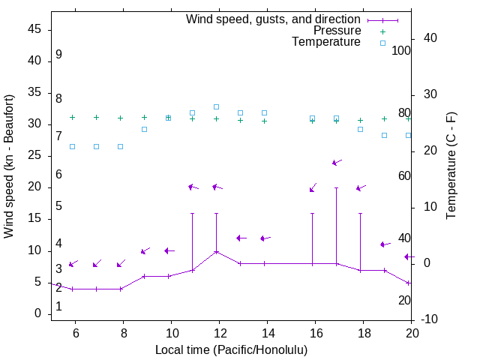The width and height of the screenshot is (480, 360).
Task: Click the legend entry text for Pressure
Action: pyautogui.click(x=337, y=31)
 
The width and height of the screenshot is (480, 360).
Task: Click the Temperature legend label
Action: pyautogui.click(x=326, y=42)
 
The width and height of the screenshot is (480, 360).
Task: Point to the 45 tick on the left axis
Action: pyautogui.click(x=35, y=29)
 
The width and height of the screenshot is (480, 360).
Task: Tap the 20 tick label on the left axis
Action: pyautogui.click(x=35, y=187)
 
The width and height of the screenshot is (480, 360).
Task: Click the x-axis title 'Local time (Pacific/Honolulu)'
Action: pyautogui.click(x=231, y=349)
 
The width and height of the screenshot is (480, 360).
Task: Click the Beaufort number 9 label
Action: pyautogui.click(x=58, y=55)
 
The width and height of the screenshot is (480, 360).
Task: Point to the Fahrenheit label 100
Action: pyautogui.click(x=402, y=51)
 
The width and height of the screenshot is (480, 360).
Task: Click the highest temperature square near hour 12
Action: pyautogui.click(x=216, y=106)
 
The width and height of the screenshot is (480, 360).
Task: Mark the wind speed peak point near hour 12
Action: pyautogui.click(x=216, y=251)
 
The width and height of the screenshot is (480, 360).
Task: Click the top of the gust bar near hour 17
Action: pyautogui.click(x=336, y=187)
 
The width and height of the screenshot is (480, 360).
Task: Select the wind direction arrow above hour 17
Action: pyautogui.click(x=337, y=162)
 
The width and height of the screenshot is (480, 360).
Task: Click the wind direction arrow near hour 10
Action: pyautogui.click(x=169, y=250)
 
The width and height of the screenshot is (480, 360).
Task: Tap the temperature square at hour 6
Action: pyautogui.click(x=72, y=146)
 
